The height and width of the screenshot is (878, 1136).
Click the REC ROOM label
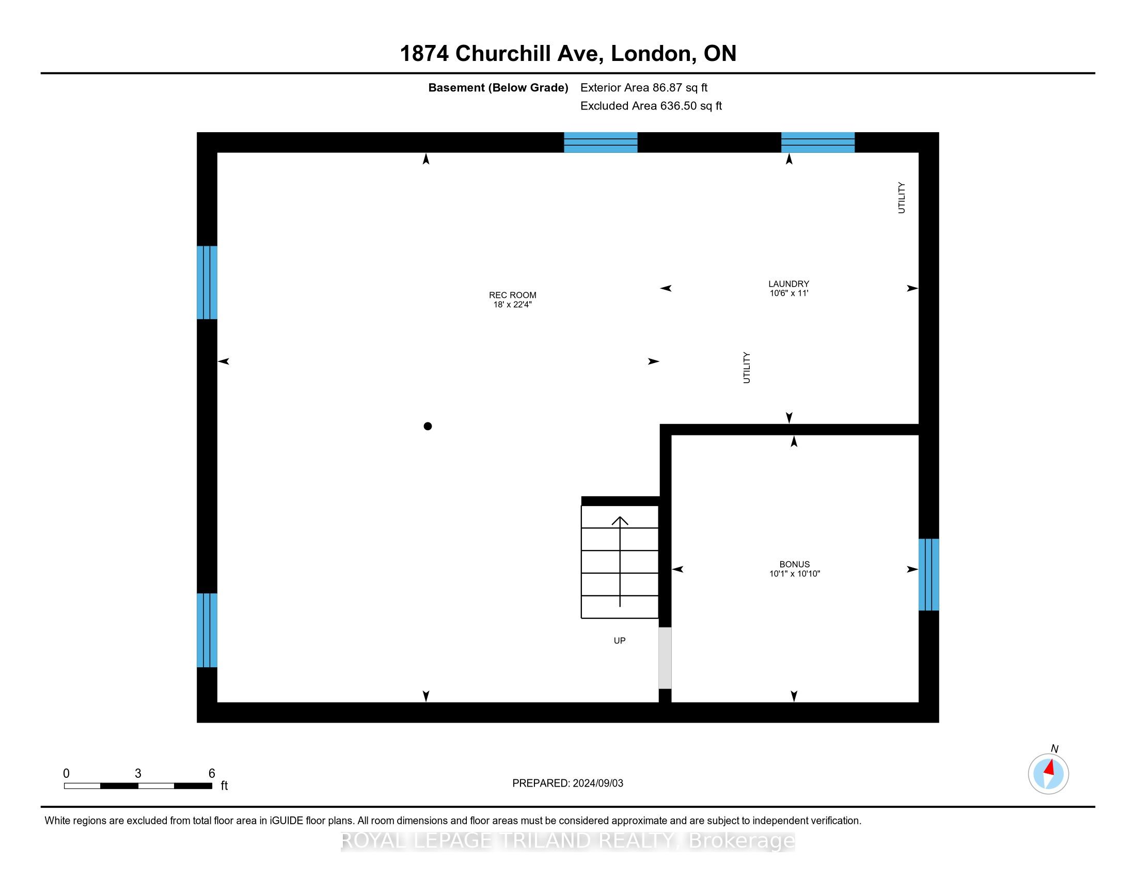click(x=512, y=295)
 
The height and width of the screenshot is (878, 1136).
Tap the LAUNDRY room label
click(x=788, y=284)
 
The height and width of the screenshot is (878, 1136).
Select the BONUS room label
click(x=794, y=565)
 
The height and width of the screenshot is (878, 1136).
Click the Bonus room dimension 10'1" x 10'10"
click(x=794, y=574)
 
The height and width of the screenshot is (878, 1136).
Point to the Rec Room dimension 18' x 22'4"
click(x=512, y=304)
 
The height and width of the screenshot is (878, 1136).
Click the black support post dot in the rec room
click(x=428, y=426)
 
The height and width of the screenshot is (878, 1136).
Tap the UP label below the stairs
click(x=620, y=641)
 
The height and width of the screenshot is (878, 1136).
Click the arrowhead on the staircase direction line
click(x=620, y=520)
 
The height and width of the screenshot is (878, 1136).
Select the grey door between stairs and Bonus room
click(x=665, y=658)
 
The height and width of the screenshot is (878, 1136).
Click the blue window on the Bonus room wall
click(x=928, y=574)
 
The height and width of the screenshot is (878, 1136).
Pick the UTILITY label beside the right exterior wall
click(x=902, y=198)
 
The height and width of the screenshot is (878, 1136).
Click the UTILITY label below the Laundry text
click(x=747, y=368)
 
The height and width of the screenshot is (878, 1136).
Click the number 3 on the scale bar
click(x=138, y=774)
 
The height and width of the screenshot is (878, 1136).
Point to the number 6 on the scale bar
click(x=212, y=774)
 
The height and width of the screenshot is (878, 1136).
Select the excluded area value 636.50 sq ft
click(x=691, y=105)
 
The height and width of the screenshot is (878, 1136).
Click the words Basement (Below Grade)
click(x=498, y=87)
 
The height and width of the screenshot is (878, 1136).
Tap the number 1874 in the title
click(x=424, y=54)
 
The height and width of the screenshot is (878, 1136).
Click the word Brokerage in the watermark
click(x=741, y=840)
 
